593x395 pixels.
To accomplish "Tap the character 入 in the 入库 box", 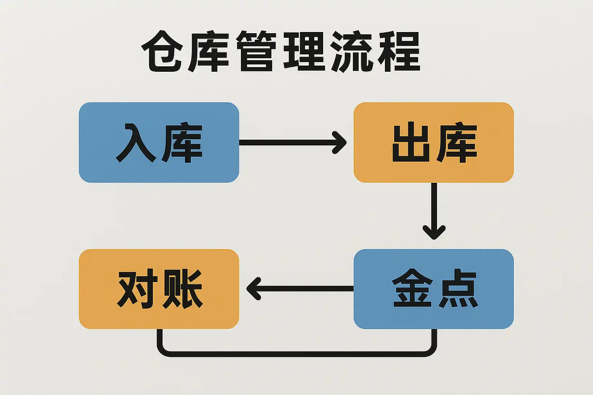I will pyautogui.click(x=136, y=143).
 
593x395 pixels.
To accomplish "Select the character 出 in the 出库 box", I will pyautogui.click(x=411, y=143).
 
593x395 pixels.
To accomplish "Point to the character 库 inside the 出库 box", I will pyautogui.click(x=457, y=143).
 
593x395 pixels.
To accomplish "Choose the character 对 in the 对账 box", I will pyautogui.click(x=137, y=289).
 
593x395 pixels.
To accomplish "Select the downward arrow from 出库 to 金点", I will pyautogui.click(x=434, y=210).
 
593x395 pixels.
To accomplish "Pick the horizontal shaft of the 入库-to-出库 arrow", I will pyautogui.click(x=286, y=143).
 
